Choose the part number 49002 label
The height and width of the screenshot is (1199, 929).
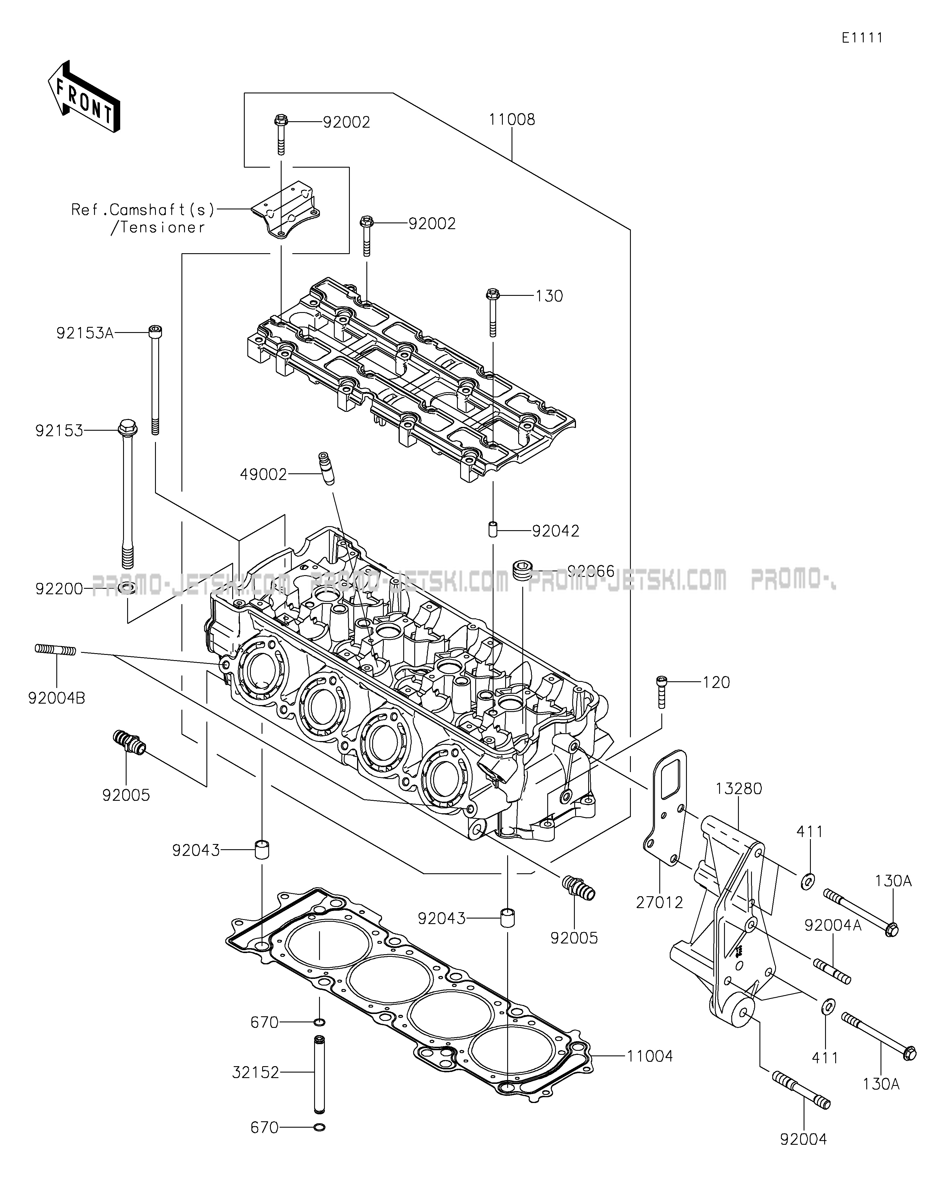(263, 474)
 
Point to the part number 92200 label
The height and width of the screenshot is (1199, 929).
(59, 589)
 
